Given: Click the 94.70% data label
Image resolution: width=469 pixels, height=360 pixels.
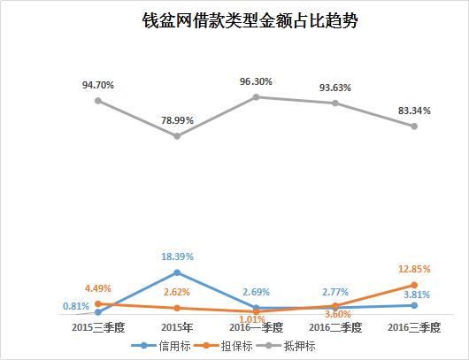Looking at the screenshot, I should pos(97,85).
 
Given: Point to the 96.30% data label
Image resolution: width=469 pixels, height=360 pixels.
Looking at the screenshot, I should pos(256,81).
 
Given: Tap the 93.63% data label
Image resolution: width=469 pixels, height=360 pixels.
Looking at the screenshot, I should pos(334,87).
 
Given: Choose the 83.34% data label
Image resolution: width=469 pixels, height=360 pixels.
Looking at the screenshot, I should pos(413,111).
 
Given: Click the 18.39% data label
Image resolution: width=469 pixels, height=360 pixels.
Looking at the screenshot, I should pos(177,257).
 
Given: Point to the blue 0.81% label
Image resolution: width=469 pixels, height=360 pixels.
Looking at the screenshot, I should pos(75,306).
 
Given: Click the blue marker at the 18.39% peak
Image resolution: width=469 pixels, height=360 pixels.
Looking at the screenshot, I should pos(177,272).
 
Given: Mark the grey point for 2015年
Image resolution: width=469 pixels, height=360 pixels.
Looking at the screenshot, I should pos(177,136).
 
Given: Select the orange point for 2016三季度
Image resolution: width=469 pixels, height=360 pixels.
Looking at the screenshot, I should pos(413,285).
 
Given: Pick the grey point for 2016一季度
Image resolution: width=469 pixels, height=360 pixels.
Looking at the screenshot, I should pos(256,96).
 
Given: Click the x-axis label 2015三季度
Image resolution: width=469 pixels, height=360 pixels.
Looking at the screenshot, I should pos(97,327).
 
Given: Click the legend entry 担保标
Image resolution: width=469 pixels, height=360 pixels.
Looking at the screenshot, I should pos(226,346).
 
